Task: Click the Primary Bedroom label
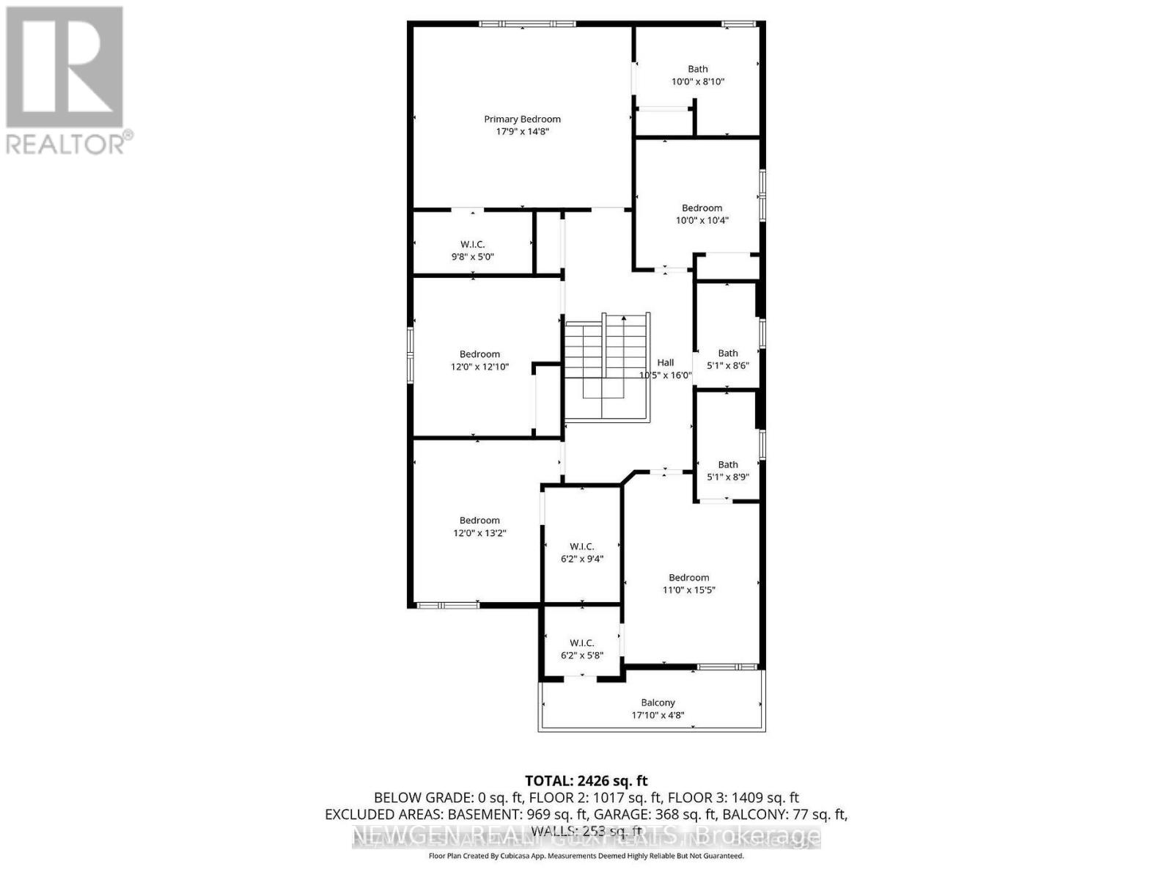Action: pos(522,119)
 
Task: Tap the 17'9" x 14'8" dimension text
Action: pos(522,132)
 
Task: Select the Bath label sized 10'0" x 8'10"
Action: pos(698,69)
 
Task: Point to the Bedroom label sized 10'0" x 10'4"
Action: pos(702,208)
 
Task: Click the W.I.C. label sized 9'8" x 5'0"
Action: pos(472,244)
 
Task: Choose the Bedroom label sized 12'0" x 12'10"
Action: pos(479,354)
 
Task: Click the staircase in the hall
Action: pos(606,367)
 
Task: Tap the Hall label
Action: pos(665,362)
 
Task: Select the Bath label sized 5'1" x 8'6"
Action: pos(727,353)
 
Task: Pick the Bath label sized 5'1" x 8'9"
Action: pos(727,464)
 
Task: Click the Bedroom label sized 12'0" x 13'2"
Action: pos(479,521)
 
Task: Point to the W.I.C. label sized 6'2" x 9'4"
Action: pos(581,546)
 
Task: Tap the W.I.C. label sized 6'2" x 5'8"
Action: pos(581,642)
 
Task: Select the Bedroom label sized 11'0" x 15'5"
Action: pos(688,577)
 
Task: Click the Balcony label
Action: pos(658,703)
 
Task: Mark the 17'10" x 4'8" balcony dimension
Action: pos(658,716)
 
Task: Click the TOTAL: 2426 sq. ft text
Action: pos(586,781)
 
